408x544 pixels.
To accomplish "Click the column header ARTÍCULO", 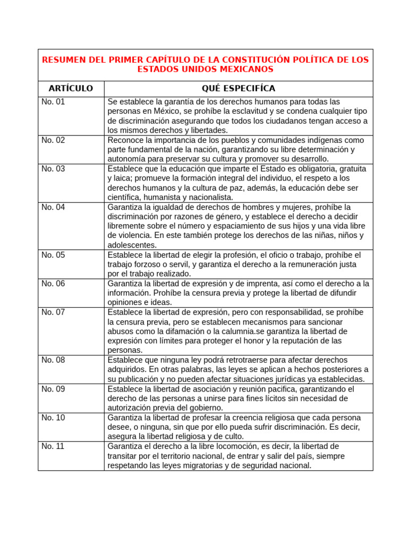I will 71,88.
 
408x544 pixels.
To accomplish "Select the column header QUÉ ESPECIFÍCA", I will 239,88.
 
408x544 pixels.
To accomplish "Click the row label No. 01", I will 53,101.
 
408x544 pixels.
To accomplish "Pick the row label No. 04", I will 53,207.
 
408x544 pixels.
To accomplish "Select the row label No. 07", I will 53,312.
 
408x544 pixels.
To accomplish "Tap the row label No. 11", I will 53,446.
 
